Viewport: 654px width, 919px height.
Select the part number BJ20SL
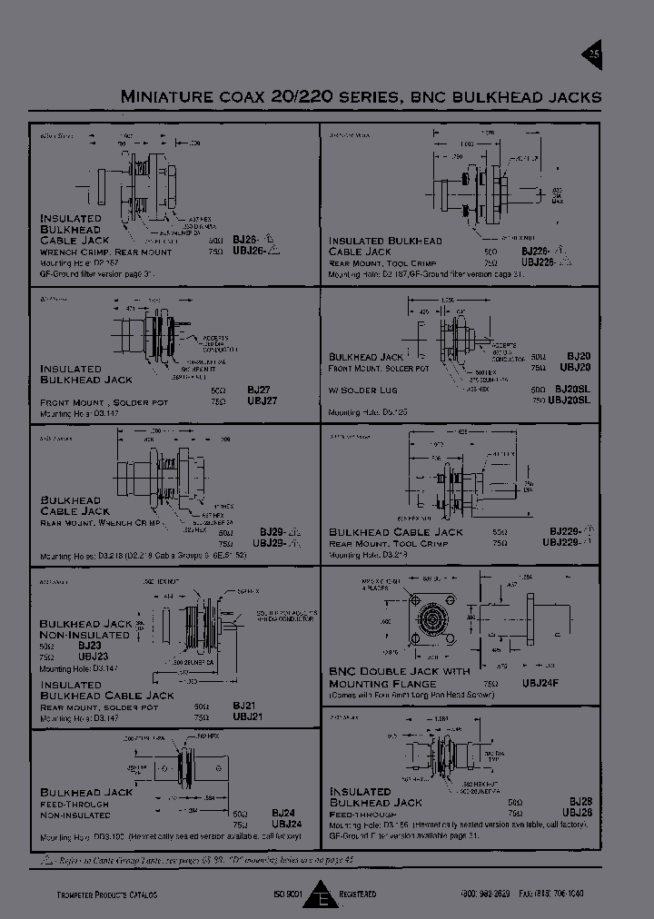click(573, 389)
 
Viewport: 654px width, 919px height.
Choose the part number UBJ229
click(562, 542)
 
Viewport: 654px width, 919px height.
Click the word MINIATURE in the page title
click(162, 97)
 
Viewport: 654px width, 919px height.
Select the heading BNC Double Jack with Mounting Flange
click(400, 677)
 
